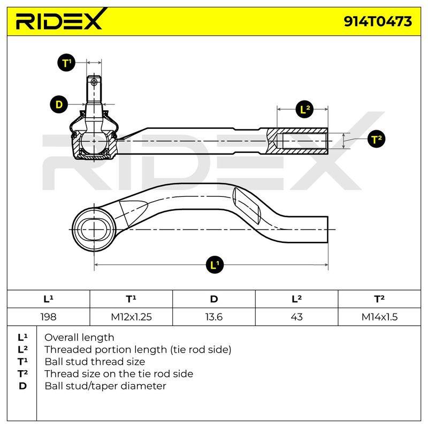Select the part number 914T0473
click(378, 21)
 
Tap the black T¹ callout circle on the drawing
click(66, 63)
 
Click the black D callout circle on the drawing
click(59, 104)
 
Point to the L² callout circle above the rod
click(305, 110)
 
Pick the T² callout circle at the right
click(377, 139)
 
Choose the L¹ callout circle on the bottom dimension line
click(215, 264)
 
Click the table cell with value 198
click(48, 317)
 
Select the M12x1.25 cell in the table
click(131, 317)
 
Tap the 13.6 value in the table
click(213, 317)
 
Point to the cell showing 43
click(297, 317)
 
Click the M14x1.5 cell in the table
click(379, 317)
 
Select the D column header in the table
click(213, 299)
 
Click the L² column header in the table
click(297, 299)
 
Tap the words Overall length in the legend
click(79, 338)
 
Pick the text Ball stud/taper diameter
click(105, 386)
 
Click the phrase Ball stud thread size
click(95, 362)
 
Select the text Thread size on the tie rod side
click(119, 373)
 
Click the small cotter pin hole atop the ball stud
click(94, 82)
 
